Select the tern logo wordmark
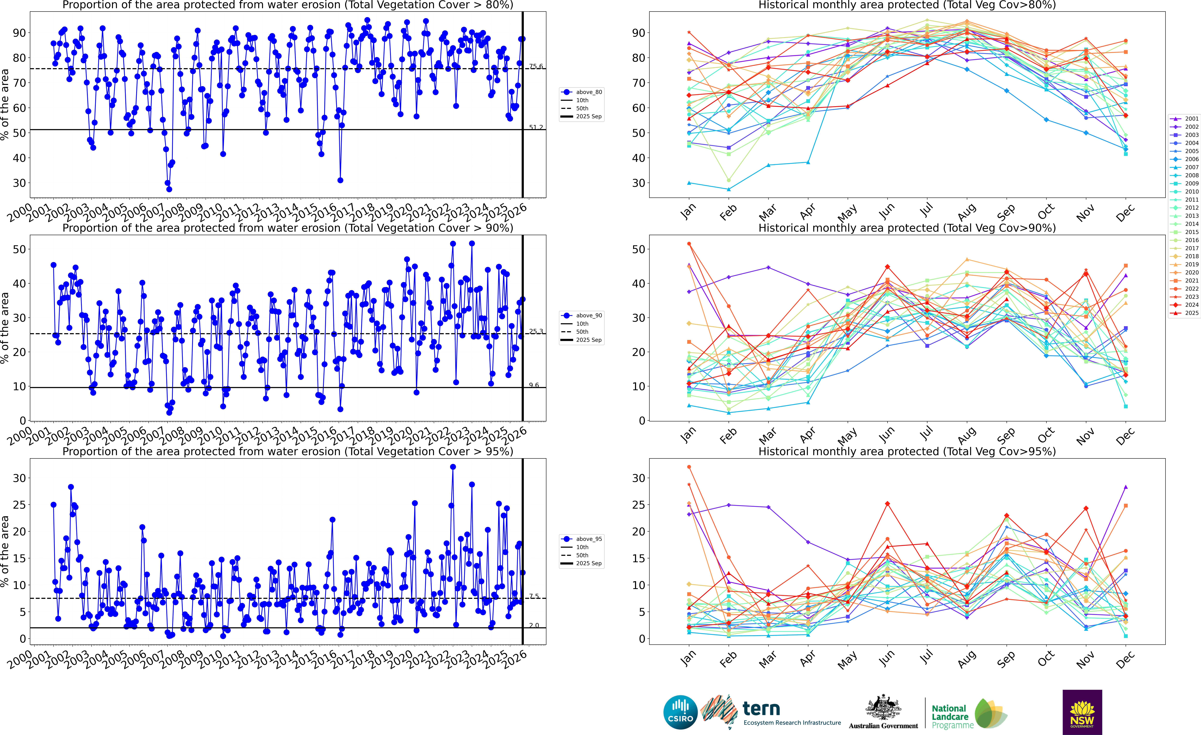pos(761,708)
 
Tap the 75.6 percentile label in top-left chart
pos(536,66)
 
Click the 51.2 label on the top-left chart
pos(536,127)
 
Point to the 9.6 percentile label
pos(534,385)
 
